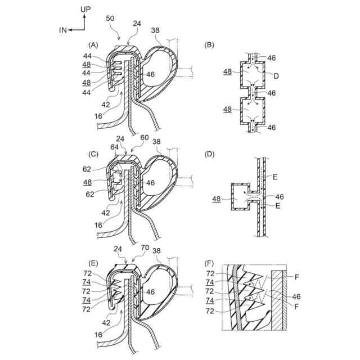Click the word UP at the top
85,10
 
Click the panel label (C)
94,154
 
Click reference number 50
110,19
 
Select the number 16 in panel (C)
98,224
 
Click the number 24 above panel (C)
121,138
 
